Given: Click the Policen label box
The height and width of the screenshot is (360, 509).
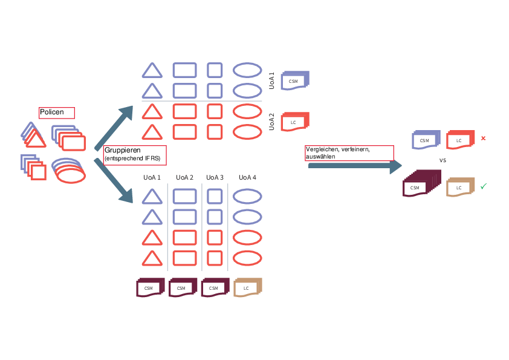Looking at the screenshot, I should tap(56, 113).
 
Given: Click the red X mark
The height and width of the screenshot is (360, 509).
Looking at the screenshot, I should tap(483, 139).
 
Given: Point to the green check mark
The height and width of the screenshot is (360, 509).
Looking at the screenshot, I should tap(484, 186).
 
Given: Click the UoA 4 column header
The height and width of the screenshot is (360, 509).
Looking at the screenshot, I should tap(247, 178).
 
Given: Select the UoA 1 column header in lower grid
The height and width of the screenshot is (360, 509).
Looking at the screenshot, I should tap(152, 178).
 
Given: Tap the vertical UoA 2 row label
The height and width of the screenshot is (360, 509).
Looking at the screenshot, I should tap(271, 122).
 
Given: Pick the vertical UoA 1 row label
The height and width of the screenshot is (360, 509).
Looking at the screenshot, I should tap(271, 82).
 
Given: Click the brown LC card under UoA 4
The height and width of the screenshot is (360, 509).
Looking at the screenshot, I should tap(247, 287).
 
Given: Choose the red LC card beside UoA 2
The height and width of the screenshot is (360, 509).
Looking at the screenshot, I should tap(295, 122).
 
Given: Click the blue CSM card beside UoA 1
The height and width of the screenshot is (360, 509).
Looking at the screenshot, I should tap(295, 80).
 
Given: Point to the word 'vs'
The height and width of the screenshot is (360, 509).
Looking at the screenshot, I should tap(442, 162).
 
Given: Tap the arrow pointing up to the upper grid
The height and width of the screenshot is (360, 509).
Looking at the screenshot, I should tap(114, 128).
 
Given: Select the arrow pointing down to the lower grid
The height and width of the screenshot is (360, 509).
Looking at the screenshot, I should tap(114, 180).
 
